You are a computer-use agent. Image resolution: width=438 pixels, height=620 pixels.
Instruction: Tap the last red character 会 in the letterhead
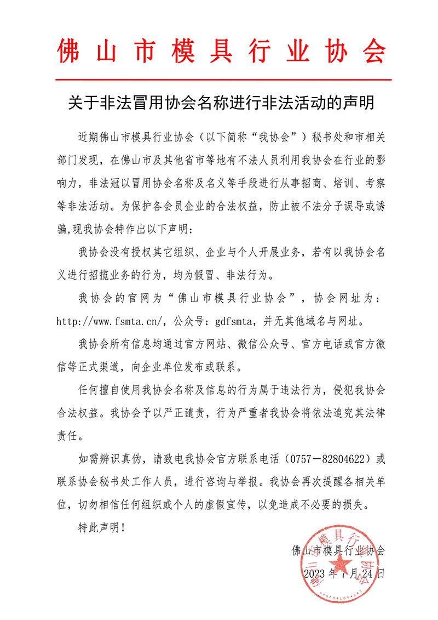pyautogui.click(x=372, y=52)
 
